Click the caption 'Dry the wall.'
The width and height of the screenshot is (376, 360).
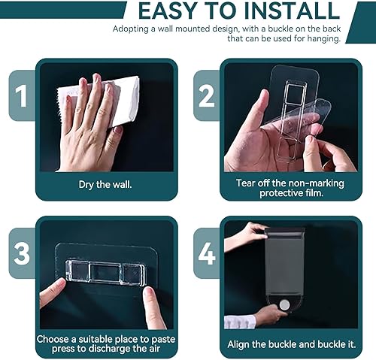[106, 183]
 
